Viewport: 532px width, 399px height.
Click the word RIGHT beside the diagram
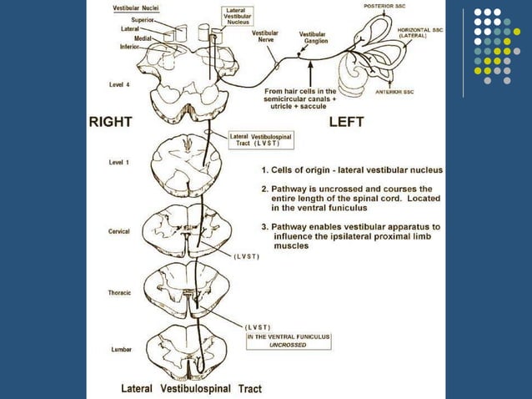111,121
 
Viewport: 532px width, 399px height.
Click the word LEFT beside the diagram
347,121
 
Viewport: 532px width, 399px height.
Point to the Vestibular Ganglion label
313,38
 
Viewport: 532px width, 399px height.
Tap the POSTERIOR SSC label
384,7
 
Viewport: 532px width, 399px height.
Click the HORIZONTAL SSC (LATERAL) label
422,33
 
